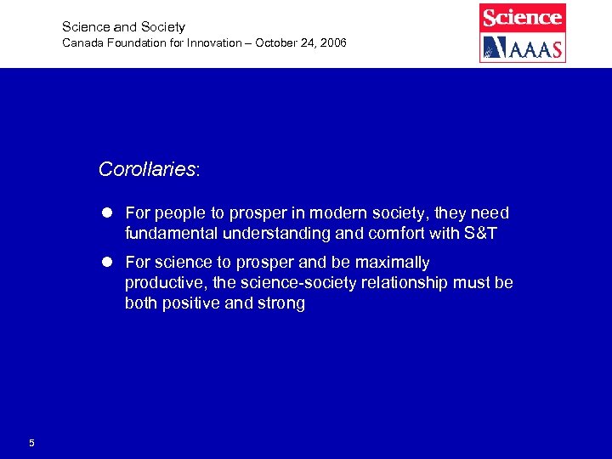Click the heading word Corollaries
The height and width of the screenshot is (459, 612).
click(x=147, y=169)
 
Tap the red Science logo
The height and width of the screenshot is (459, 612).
click(x=523, y=18)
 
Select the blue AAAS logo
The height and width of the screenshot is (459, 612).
click(x=523, y=48)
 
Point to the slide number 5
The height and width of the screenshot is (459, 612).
click(x=31, y=443)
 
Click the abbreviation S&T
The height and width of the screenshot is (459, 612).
click(x=481, y=233)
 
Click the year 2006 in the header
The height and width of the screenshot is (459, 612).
click(x=332, y=43)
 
